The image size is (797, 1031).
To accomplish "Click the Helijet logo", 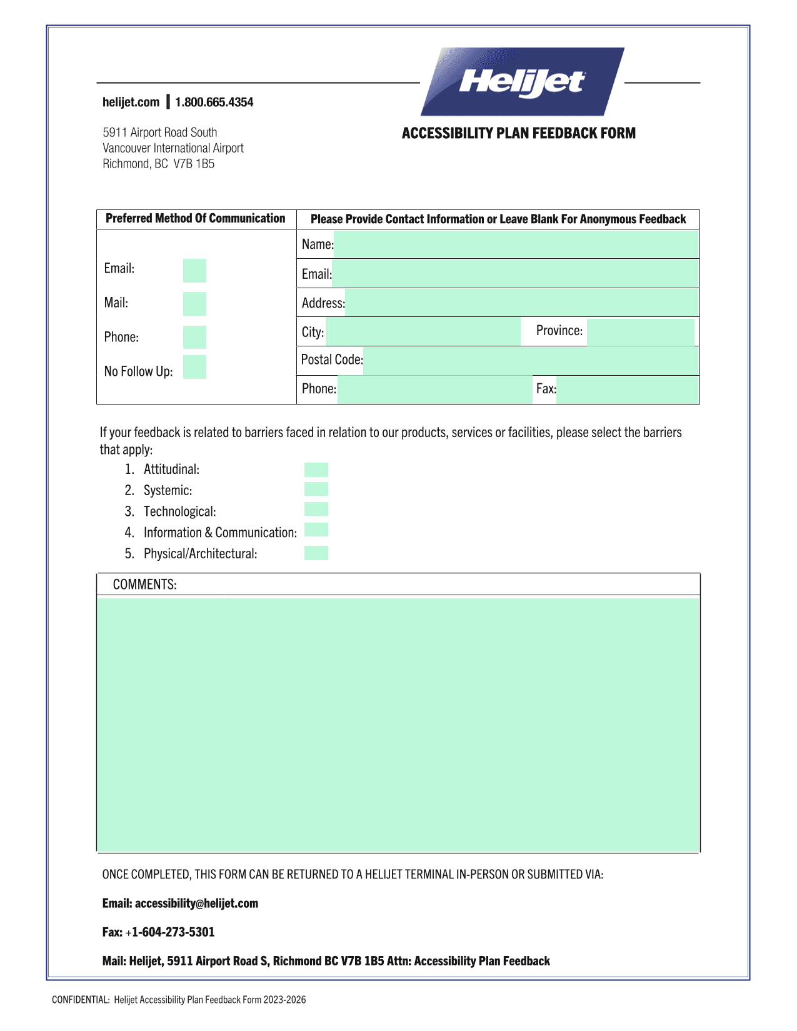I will (x=523, y=82).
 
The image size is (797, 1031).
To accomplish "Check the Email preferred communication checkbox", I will (x=194, y=271).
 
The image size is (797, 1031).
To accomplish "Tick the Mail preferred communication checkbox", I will (x=194, y=304).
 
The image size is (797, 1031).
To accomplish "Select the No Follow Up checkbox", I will (x=194, y=367).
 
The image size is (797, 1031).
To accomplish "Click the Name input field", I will (x=516, y=244).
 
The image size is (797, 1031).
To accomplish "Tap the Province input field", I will (x=640, y=332).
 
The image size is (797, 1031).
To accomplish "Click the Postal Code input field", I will (x=531, y=361).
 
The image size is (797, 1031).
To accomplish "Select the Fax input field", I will (x=627, y=390).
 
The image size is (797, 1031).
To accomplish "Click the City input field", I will (x=423, y=332).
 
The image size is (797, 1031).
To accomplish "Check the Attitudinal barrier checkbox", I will (x=316, y=470).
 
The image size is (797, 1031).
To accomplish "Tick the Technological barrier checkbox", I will (x=316, y=509).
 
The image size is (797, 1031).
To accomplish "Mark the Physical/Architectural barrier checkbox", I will (x=316, y=553).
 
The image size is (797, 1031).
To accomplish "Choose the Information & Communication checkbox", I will (x=316, y=530).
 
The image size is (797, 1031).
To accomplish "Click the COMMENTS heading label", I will (x=144, y=585).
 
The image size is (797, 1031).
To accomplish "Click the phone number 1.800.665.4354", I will (x=214, y=103).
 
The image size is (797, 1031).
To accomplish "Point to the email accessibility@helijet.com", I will (x=196, y=903).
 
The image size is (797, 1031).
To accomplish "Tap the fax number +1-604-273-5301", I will (x=173, y=932).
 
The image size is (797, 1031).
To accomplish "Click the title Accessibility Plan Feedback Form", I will (x=518, y=133).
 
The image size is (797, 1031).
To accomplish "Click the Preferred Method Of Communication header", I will (x=195, y=218).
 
